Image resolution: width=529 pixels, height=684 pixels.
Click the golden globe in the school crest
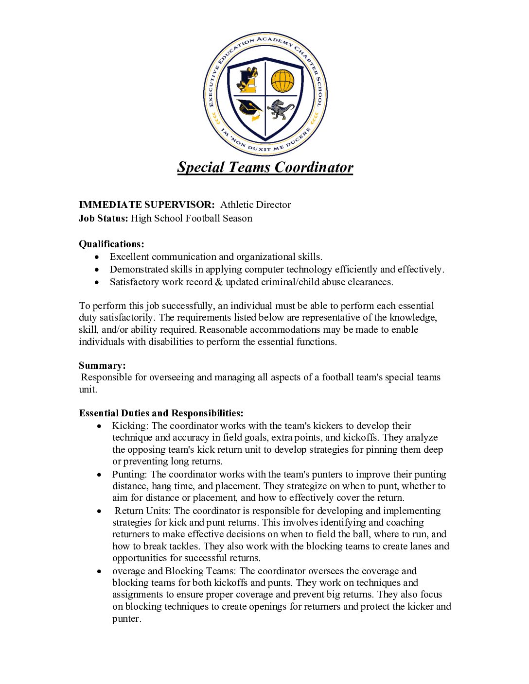(x=282, y=81)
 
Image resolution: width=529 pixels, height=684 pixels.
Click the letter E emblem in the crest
(x=248, y=81)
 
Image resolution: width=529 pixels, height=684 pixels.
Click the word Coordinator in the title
(x=314, y=167)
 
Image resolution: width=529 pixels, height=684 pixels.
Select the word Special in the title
(x=200, y=167)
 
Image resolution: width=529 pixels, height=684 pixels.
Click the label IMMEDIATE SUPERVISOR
(x=146, y=205)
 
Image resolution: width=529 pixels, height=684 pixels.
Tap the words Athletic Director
(x=255, y=205)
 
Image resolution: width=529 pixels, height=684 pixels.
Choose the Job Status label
(x=103, y=218)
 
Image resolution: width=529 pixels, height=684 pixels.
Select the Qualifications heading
(x=111, y=244)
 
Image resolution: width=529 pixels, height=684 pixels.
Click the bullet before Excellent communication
(x=98, y=257)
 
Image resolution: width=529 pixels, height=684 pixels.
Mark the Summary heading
(x=102, y=365)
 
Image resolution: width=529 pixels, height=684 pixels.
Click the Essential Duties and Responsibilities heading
(x=161, y=413)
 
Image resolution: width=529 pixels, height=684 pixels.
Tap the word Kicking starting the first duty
(x=130, y=426)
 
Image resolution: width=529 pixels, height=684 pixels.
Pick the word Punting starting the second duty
(x=129, y=475)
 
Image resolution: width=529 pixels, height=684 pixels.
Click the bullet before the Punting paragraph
(x=100, y=475)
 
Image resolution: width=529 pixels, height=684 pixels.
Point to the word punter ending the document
(x=126, y=619)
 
